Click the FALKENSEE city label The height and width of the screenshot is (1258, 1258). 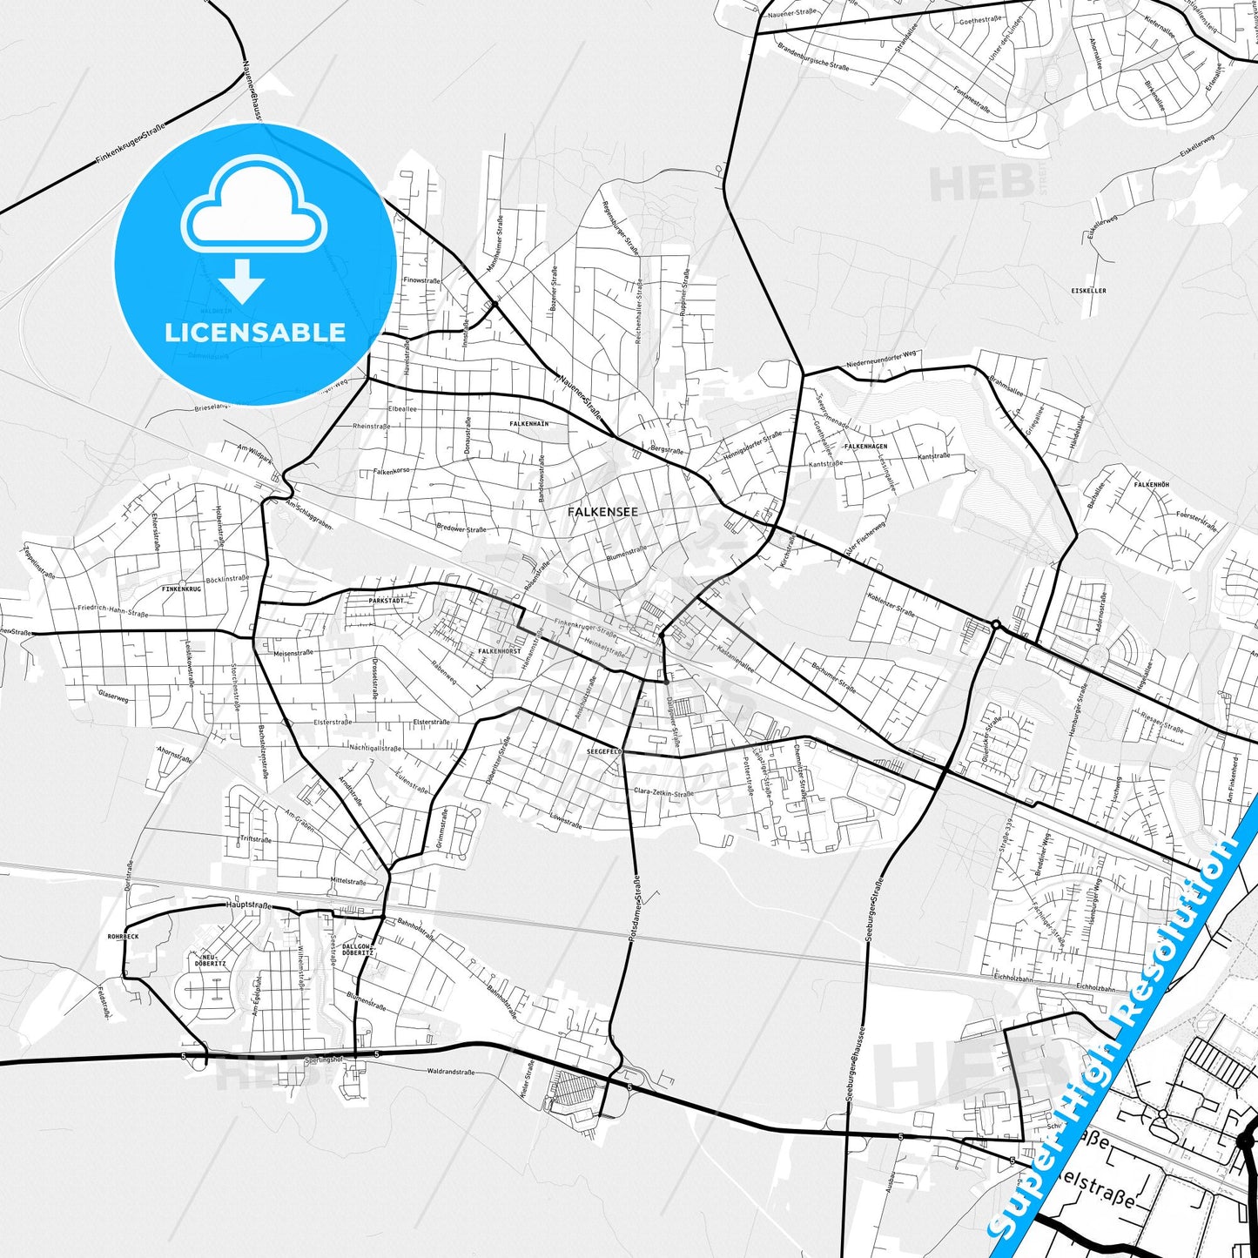point(602,512)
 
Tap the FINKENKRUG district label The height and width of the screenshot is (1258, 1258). point(181,589)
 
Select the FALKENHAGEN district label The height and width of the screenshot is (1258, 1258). point(865,447)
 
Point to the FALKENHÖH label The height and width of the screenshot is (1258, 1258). point(1151,484)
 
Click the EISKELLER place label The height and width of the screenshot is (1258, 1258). point(1088,290)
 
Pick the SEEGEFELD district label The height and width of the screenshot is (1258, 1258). point(603,750)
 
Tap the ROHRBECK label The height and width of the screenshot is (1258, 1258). point(123,937)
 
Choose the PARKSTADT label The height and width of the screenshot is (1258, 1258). point(386,601)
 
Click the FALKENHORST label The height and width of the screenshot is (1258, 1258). point(500,651)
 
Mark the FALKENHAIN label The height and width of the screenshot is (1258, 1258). point(529,423)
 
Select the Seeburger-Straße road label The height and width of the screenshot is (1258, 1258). point(874,910)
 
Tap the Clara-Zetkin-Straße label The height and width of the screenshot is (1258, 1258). point(663,792)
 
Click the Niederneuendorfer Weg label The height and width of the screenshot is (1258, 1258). point(881,360)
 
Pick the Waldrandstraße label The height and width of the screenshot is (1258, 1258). point(450,1073)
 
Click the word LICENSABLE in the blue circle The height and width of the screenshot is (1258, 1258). point(255,332)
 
